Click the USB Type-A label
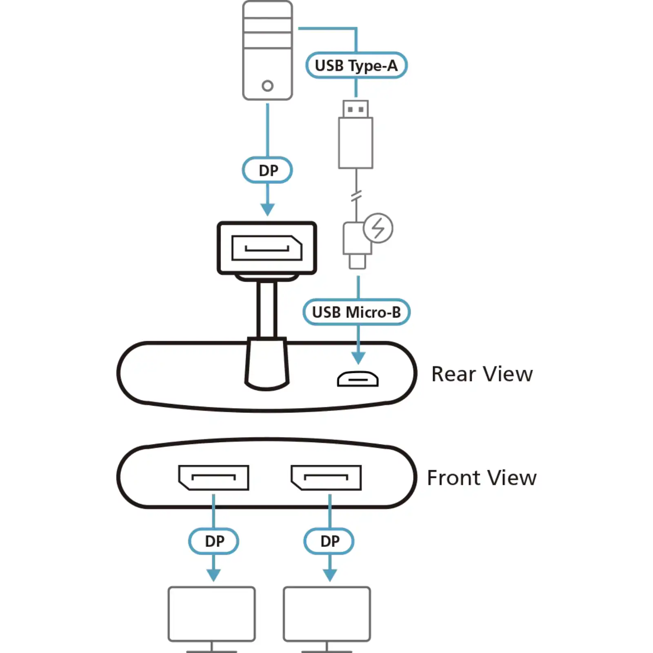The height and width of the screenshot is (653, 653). [356, 65]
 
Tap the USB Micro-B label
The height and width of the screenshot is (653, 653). [356, 312]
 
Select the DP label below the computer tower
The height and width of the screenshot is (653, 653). [268, 170]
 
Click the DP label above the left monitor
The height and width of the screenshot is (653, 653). [214, 541]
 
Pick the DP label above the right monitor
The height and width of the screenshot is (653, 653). [329, 541]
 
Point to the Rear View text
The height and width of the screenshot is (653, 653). [482, 374]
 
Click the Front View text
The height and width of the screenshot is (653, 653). [482, 478]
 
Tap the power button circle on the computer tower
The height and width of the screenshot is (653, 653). [268, 86]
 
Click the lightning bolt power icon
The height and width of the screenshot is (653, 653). [378, 228]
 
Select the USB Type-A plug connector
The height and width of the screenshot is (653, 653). [355, 135]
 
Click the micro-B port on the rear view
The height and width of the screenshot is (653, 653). [358, 379]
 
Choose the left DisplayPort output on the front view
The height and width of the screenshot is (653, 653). [213, 478]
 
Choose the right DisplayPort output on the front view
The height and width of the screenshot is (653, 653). [326, 478]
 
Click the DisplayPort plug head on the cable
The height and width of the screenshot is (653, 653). [267, 248]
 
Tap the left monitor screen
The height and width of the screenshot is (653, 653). [211, 614]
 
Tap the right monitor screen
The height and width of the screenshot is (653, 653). [327, 614]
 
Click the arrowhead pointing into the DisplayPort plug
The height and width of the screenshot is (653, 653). [268, 209]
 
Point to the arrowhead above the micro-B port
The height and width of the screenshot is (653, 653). [358, 358]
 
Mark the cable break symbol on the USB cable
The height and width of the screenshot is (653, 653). [356, 196]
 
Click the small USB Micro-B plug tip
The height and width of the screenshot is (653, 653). [357, 262]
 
